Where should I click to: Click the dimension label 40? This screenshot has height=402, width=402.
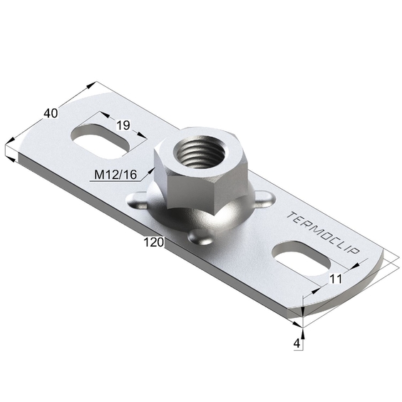click(x=51, y=113)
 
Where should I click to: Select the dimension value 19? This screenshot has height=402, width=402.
click(x=123, y=125)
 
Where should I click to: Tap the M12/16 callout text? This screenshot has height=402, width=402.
click(x=115, y=175)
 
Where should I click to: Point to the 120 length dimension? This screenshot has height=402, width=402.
click(x=153, y=242)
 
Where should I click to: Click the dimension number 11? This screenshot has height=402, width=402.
click(x=336, y=279)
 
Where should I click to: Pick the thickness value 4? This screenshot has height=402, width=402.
click(x=297, y=344)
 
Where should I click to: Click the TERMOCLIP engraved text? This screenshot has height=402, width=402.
click(x=324, y=233)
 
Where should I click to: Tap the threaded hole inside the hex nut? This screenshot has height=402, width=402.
click(x=201, y=152)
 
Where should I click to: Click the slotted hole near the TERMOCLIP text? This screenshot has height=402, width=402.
click(x=301, y=259)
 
